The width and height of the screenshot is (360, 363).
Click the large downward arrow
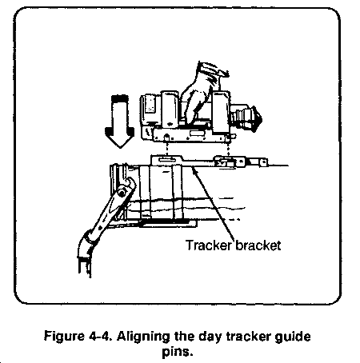(119, 122)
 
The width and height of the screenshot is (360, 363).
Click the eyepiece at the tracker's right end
(246, 118)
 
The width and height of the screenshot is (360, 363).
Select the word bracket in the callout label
(258, 245)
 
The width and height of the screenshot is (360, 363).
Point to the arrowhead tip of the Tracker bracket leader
(193, 167)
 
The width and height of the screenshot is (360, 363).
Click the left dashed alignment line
(166, 147)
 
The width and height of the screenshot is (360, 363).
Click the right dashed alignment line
(228, 147)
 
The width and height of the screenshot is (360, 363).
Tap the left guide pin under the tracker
(166, 138)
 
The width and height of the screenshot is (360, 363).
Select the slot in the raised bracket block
(166, 159)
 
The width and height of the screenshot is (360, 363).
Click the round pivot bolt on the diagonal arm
(122, 193)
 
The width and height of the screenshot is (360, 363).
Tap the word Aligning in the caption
(143, 337)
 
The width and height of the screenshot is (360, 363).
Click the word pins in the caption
(177, 352)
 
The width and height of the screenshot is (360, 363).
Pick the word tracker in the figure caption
(248, 336)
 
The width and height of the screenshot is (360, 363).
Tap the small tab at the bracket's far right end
(263, 162)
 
